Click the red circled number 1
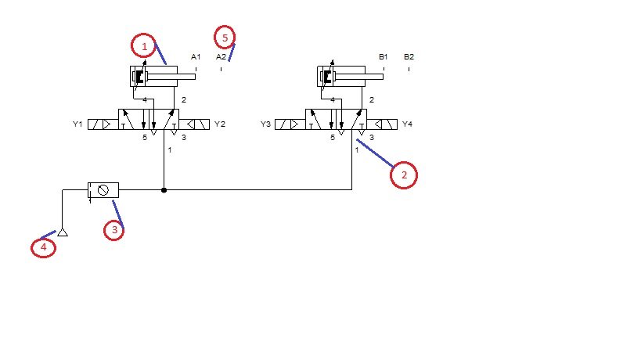pos(144,45)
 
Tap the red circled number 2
pos(404,175)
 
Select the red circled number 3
pos(114,230)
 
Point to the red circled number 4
pos(43,247)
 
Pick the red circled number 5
pos(225,38)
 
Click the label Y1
pos(77,124)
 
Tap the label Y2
pos(220,124)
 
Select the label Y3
pos(266,124)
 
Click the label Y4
pos(407,124)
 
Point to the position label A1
pos(196,57)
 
